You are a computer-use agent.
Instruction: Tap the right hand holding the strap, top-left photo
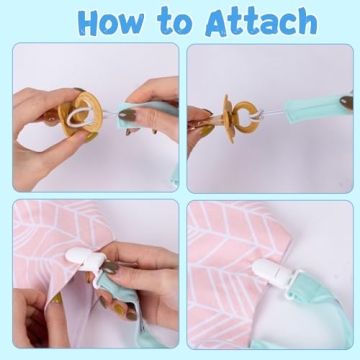coord(155,100)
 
